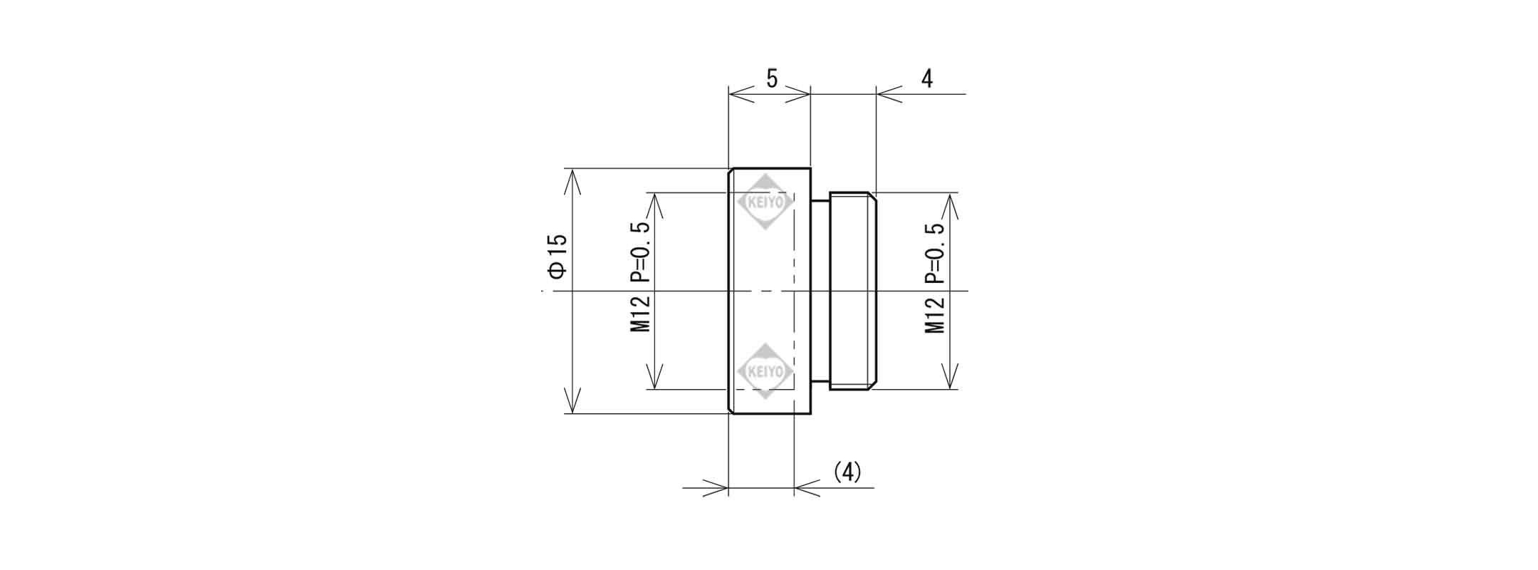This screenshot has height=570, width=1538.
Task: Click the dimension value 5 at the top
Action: (771, 78)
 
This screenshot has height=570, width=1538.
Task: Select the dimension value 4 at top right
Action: (926, 78)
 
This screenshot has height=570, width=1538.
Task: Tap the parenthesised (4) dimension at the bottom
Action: (847, 472)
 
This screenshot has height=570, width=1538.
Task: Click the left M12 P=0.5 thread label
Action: (640, 277)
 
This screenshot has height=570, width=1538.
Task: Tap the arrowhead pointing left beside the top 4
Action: (890, 93)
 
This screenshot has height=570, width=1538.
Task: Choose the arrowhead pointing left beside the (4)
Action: (807, 488)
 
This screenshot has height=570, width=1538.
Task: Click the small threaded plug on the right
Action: (852, 291)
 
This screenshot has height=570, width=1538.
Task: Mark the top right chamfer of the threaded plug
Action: (872, 196)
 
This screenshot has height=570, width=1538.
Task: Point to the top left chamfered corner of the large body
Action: (731, 171)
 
